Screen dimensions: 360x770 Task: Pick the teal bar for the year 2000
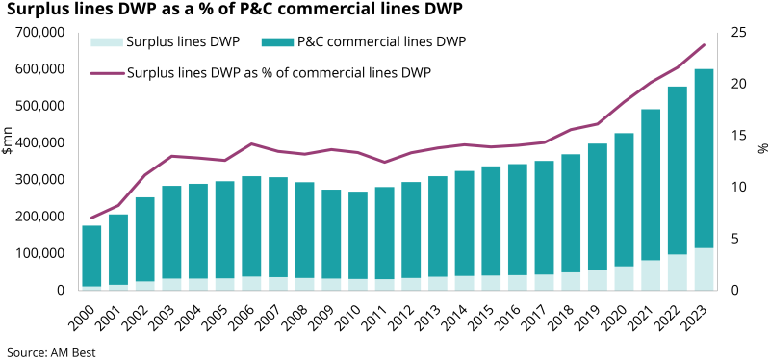point(91,255)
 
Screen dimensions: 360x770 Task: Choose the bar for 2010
point(358,236)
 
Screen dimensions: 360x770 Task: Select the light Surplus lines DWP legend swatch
point(102,42)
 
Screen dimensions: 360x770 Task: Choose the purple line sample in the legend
point(106,72)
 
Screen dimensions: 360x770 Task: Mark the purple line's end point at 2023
point(704,45)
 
